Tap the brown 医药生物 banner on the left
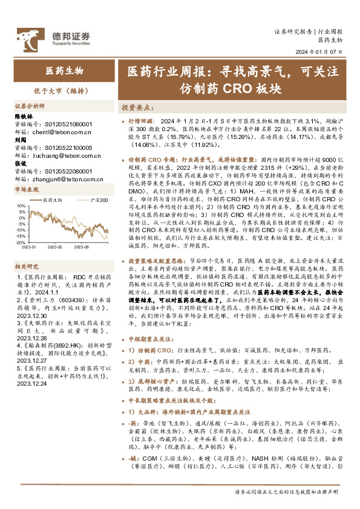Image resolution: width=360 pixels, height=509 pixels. [65, 71]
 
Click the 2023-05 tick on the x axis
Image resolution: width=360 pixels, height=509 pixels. [54, 247]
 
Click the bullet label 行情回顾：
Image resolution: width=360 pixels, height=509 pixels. [143, 121]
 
